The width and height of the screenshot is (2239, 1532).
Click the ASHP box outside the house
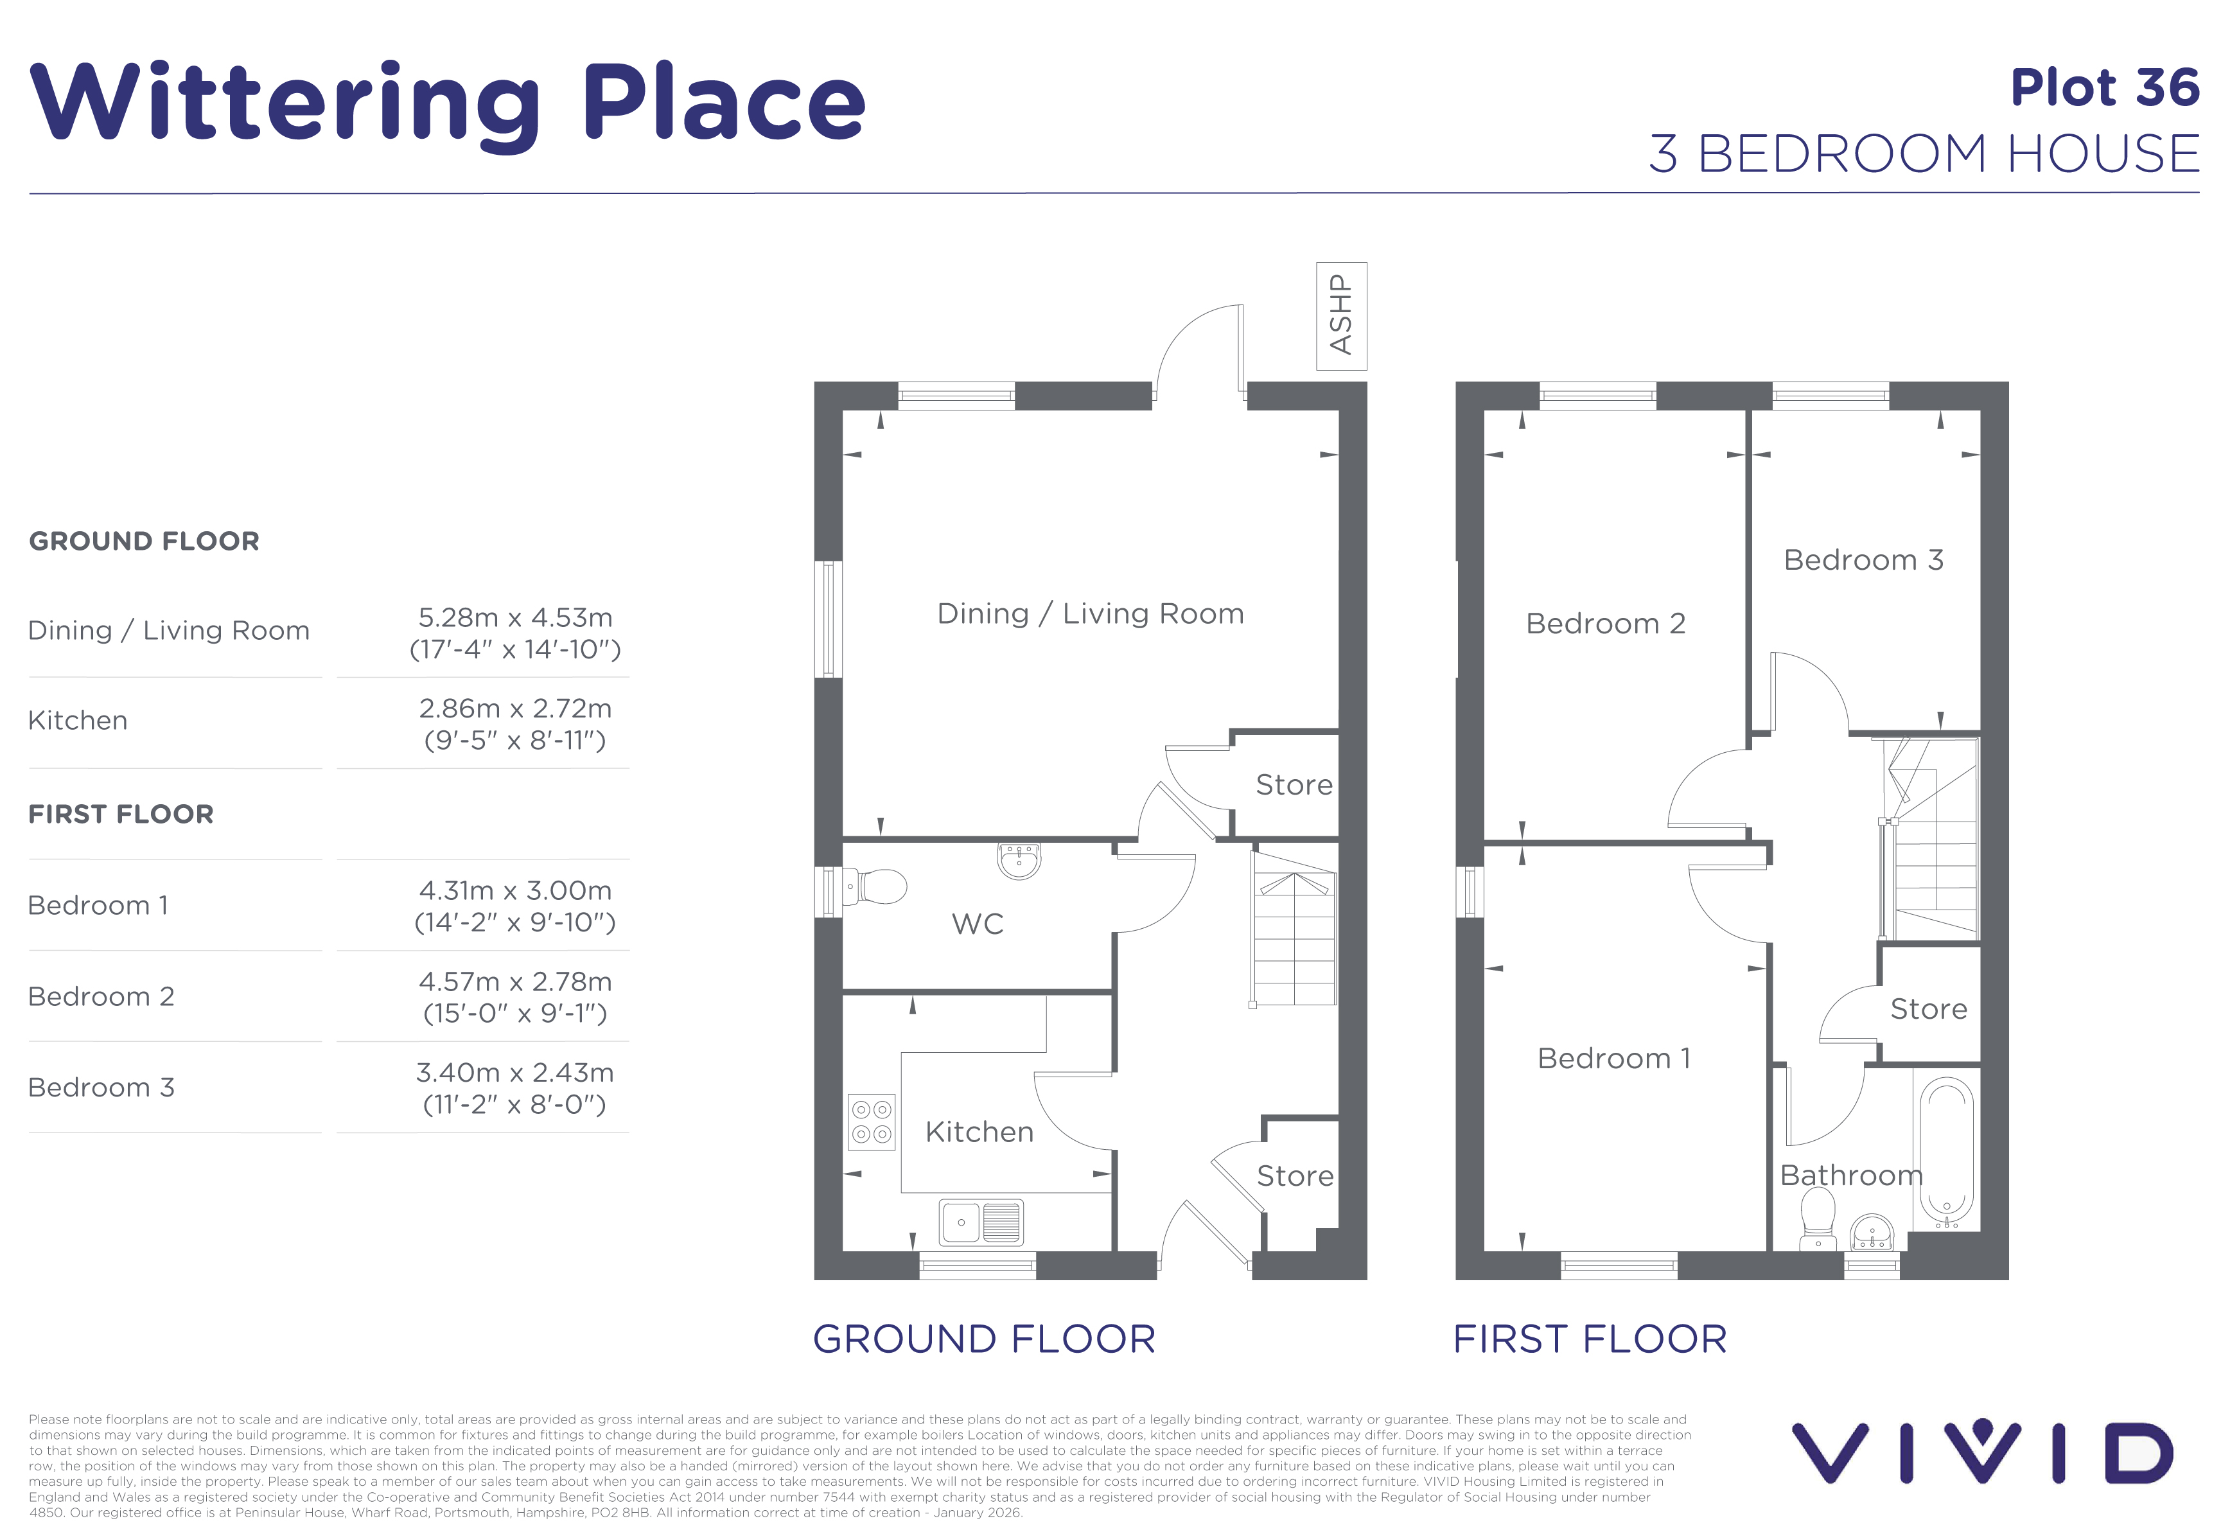point(1341,316)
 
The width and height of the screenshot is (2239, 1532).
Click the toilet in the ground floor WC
point(875,886)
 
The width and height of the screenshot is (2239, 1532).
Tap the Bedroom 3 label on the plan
point(1863,560)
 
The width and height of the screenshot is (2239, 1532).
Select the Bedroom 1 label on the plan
point(1613,1058)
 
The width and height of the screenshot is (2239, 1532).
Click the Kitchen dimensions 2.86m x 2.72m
point(515,723)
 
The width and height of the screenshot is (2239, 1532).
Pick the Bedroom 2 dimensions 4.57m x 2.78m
point(515,997)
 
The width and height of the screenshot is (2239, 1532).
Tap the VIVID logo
point(1983,1452)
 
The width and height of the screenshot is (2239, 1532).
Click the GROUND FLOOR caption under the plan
point(984,1339)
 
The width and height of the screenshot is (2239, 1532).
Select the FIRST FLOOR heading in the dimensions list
point(121,814)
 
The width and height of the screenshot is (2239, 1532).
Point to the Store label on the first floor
point(1928,1008)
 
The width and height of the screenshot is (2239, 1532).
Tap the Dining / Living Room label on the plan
point(1091,614)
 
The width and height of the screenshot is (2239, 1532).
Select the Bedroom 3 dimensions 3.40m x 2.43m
point(515,1088)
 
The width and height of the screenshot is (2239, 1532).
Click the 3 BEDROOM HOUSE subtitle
point(1924,154)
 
